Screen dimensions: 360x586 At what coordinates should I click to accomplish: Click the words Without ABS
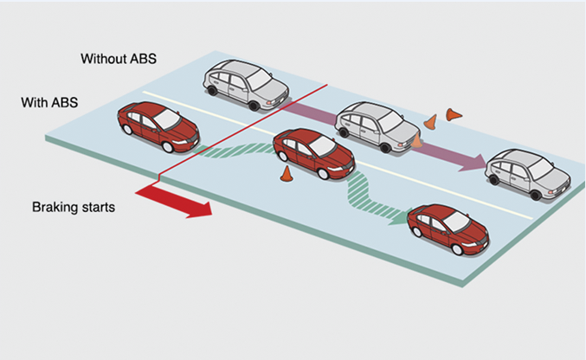[120, 59]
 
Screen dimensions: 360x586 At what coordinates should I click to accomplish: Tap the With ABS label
[50, 102]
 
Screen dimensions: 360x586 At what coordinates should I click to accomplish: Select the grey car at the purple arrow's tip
[528, 174]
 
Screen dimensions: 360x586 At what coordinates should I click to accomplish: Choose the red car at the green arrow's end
[448, 228]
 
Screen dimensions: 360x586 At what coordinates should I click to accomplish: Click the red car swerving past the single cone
[313, 153]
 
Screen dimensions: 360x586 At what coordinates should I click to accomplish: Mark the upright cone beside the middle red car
[286, 173]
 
